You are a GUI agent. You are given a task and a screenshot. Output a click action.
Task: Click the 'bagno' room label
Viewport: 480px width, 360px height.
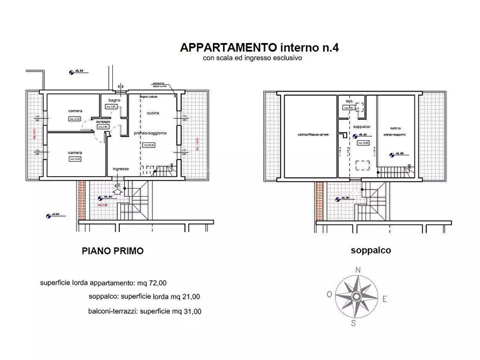113,100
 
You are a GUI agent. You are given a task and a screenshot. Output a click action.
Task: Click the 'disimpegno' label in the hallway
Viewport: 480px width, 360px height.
103,122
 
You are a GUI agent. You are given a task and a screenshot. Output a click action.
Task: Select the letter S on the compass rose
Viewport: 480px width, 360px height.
354,323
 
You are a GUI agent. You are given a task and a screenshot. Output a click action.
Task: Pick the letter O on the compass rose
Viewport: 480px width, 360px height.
328,294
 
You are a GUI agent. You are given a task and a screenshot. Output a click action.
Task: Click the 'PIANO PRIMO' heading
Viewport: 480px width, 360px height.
112,250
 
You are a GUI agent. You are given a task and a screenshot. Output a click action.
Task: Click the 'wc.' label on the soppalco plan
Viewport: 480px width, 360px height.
349,101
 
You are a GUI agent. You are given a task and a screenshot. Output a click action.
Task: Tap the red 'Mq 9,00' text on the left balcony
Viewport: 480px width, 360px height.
34,134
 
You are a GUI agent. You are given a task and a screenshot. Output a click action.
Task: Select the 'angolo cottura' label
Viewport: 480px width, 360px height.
148,97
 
